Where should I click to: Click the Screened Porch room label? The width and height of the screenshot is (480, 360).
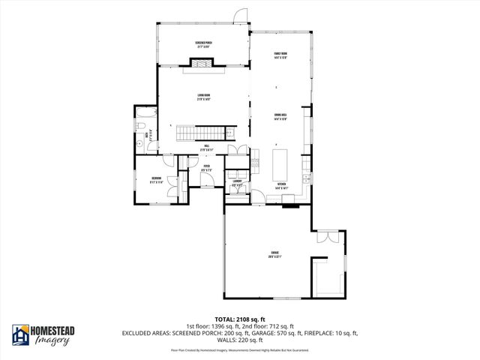point(203,44)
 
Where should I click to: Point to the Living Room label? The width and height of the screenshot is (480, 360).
point(203,97)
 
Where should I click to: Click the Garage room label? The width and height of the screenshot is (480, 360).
point(274,255)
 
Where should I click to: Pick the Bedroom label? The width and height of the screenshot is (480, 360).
point(155,178)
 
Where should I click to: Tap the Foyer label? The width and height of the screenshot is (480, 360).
point(207,168)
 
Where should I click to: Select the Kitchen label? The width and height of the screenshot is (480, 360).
point(282,185)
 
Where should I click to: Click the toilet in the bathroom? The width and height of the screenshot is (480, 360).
point(140,142)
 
